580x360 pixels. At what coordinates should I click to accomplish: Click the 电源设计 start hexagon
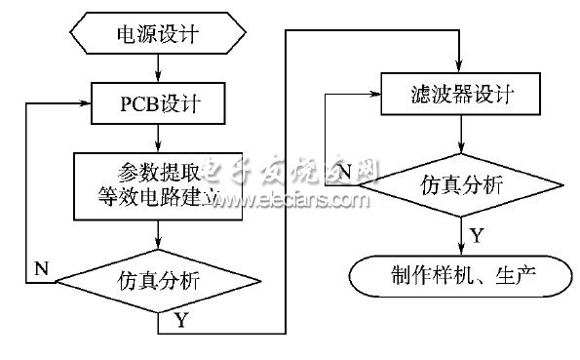(x=158, y=36)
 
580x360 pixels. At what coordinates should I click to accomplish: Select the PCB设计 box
(x=158, y=101)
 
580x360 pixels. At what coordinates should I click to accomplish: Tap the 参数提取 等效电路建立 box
(x=158, y=184)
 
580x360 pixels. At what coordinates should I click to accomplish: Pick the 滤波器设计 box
(x=459, y=95)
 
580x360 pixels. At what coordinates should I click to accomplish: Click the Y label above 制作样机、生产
(x=476, y=235)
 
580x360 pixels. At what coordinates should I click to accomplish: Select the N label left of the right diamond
(x=342, y=175)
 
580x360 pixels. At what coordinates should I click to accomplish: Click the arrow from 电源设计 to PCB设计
(x=158, y=68)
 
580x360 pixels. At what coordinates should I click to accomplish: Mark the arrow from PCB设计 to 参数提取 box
(x=158, y=136)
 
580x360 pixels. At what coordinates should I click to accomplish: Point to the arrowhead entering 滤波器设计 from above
(x=459, y=65)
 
